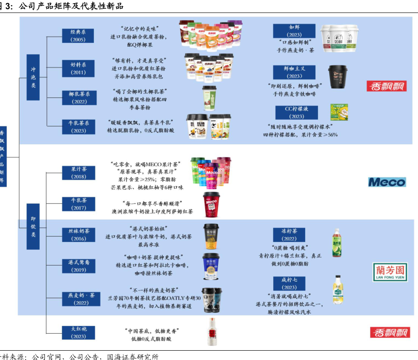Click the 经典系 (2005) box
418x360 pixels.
click(78, 36)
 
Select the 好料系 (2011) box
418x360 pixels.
click(78, 68)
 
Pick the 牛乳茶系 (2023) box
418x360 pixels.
click(78, 127)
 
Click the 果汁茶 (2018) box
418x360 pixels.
click(78, 173)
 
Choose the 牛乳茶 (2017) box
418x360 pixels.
click(78, 204)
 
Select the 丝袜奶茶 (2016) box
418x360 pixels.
click(78, 235)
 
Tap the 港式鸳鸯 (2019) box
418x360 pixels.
click(78, 266)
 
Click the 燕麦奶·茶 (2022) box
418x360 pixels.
click(78, 298)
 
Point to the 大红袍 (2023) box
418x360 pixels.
click(78, 332)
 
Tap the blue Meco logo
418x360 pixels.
click(387, 182)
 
